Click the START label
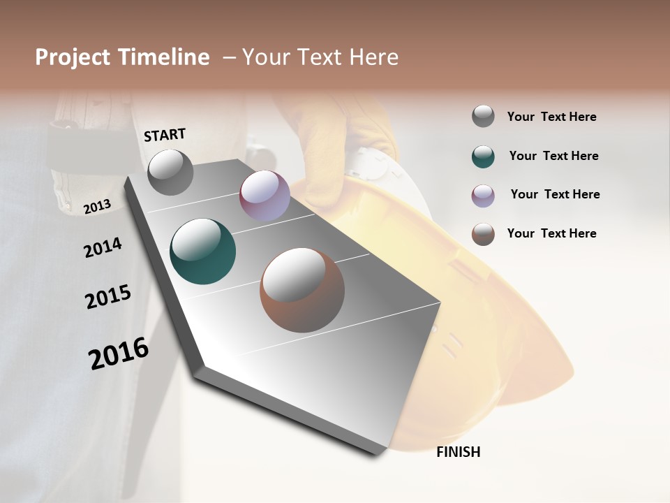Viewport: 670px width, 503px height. pos(165,135)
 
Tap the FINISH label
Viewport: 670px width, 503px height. pos(458,452)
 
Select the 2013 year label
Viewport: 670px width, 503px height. pos(97,206)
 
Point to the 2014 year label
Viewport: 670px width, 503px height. pos(103,248)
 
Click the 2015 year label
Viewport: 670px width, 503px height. pos(108,297)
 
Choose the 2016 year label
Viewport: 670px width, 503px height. pos(119,353)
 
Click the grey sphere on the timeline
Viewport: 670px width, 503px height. pos(170,172)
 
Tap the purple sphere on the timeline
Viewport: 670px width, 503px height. pos(265,196)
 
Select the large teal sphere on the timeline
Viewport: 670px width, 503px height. pos(203,251)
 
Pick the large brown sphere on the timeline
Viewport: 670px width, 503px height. pos(302,290)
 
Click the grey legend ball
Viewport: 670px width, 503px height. pos(483,117)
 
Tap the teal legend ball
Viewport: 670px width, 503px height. pos(483,156)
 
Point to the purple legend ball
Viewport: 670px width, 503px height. pos(483,196)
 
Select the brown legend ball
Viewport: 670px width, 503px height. pos(483,234)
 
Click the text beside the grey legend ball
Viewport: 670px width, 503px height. pos(551,117)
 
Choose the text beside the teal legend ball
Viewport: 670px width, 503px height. pos(553,156)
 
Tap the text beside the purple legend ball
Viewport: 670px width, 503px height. pos(555,194)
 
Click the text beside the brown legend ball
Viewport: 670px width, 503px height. pos(551,233)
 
